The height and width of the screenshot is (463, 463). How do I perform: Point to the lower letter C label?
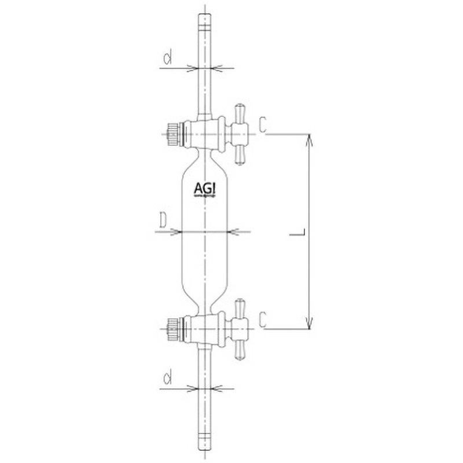pyautogui.click(x=263, y=318)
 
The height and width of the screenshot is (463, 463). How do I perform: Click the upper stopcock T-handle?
pyautogui.click(x=240, y=133)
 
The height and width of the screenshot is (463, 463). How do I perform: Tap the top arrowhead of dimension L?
pyautogui.click(x=311, y=139)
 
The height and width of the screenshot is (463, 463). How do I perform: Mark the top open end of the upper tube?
pyautogui.click(x=204, y=17)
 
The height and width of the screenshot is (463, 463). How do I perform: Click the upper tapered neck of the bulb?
pyautogui.click(x=204, y=159)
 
